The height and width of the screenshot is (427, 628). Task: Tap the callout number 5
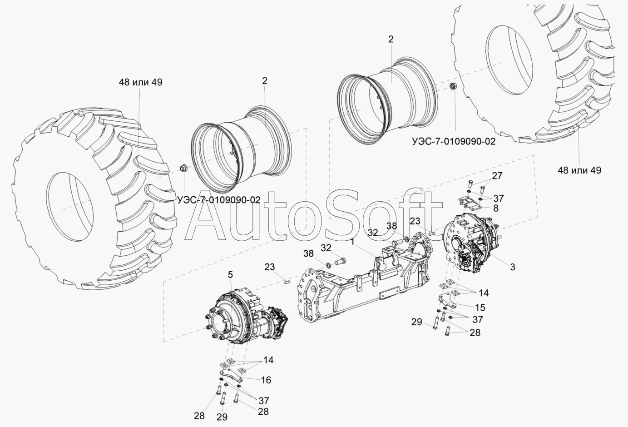(230, 274)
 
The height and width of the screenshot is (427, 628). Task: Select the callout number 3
(512, 267)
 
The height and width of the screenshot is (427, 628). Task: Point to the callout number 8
(495, 208)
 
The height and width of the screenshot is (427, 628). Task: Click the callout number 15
(480, 308)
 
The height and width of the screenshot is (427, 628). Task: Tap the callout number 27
(497, 176)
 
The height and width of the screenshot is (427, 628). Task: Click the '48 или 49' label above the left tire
(140, 82)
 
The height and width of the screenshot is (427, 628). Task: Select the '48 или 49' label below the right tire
(579, 170)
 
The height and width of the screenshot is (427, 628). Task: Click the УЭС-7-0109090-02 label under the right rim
(454, 141)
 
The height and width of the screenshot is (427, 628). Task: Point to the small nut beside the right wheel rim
(453, 86)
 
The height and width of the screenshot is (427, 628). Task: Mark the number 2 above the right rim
(391, 39)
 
